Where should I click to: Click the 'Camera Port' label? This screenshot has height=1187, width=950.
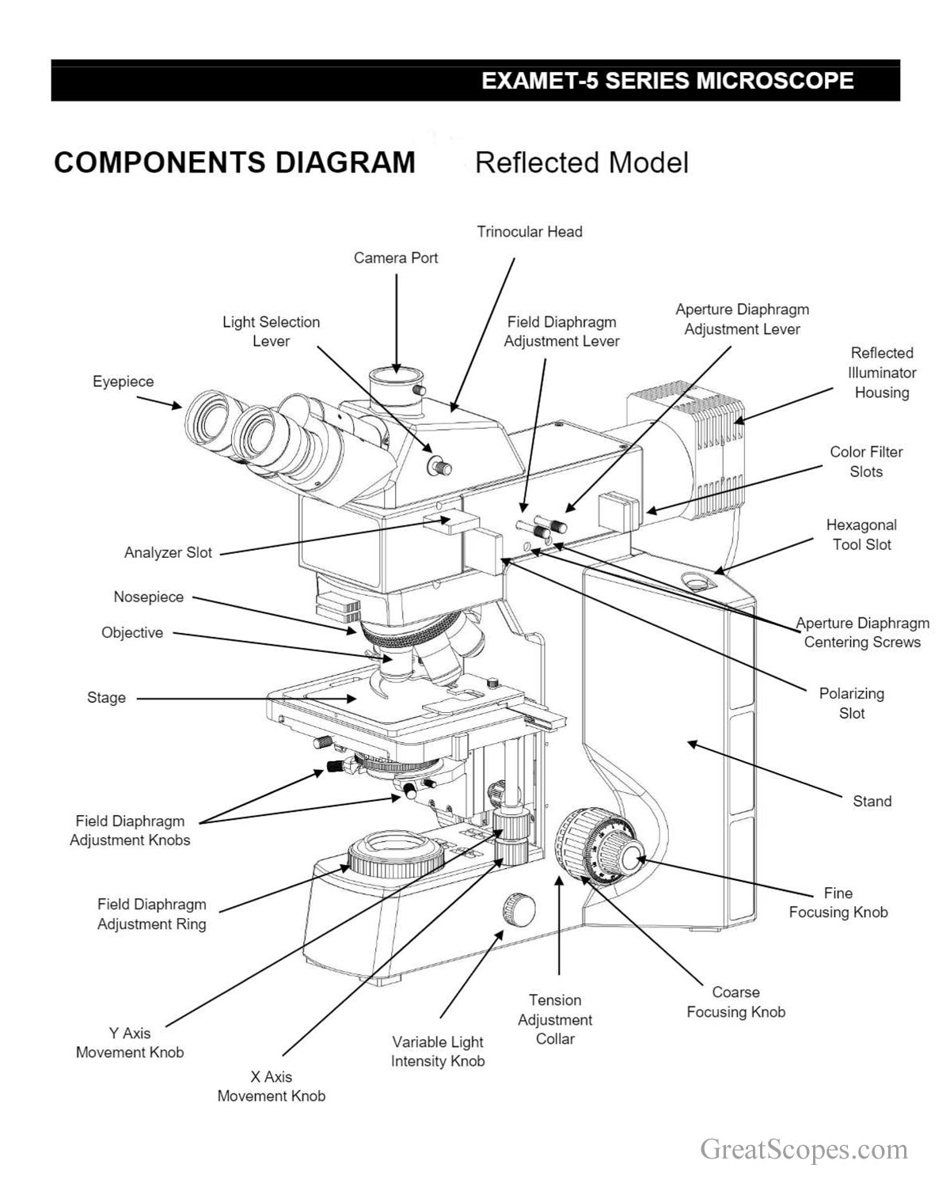click(395, 258)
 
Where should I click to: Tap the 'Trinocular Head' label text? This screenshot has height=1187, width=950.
click(529, 232)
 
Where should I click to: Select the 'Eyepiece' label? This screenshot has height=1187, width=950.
click(123, 381)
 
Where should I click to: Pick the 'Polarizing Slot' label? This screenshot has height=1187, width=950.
click(851, 703)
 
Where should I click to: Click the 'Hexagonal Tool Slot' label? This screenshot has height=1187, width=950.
click(861, 535)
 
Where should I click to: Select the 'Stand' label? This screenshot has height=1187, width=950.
click(872, 802)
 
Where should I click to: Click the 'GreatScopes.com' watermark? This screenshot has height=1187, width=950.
click(804, 1150)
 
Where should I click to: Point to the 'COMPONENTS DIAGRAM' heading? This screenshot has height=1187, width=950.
click(234, 162)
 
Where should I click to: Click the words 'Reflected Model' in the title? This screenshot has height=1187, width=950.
click(581, 163)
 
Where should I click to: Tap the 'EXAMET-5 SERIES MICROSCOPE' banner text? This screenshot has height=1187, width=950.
click(667, 81)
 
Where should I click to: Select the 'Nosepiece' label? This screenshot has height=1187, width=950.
click(148, 597)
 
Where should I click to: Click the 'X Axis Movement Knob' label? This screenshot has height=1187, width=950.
click(271, 1087)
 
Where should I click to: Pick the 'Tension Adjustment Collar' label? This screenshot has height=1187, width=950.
click(555, 1020)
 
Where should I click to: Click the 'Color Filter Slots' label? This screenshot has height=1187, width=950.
click(866, 462)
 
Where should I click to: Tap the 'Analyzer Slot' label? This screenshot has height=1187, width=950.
click(168, 553)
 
